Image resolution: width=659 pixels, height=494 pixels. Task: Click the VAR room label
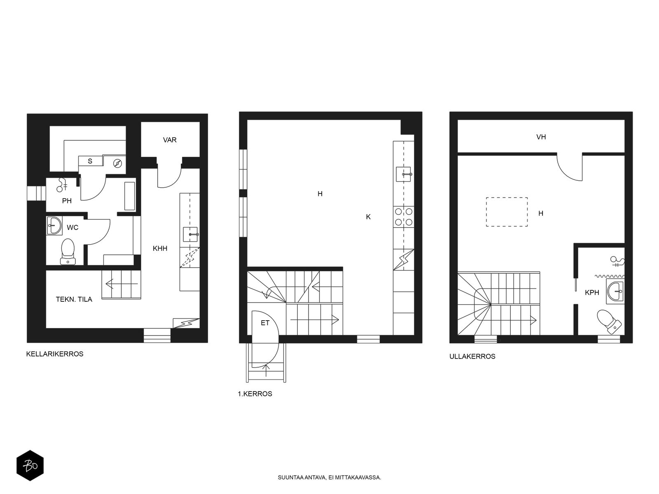[170, 140]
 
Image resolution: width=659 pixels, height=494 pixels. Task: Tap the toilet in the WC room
[68, 252]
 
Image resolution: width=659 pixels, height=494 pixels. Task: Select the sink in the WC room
[54, 226]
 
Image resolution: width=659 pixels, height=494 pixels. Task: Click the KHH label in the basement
[160, 248]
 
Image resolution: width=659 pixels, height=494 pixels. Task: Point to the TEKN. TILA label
[74, 299]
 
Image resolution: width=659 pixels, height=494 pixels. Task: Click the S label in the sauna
[90, 161]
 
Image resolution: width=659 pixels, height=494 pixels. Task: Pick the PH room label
[67, 200]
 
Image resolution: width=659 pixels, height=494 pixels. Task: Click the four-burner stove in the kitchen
[404, 217]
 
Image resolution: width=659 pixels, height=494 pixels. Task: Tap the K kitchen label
[368, 217]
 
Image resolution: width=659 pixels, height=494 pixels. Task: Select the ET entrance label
[265, 323]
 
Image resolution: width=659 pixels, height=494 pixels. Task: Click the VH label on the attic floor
[541, 137]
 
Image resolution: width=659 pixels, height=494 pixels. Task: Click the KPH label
[592, 292]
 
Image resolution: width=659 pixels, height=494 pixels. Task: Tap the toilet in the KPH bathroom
[609, 322]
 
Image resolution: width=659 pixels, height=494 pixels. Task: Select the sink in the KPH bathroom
[615, 291]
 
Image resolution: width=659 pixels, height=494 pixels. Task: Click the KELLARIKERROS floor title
[55, 354]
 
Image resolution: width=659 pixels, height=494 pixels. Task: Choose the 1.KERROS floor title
[255, 394]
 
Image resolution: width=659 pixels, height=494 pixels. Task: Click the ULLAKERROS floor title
[472, 357]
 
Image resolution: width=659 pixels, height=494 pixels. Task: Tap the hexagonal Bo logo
[30, 466]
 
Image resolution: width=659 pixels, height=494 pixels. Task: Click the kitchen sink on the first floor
[404, 174]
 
